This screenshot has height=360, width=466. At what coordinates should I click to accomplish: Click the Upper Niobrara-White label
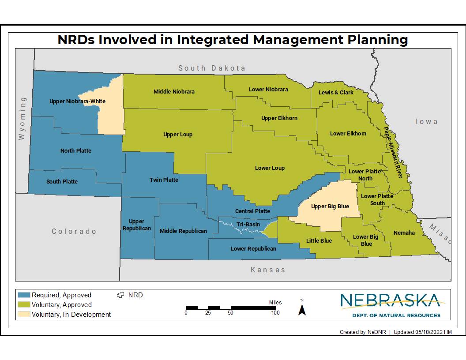pyautogui.click(x=78, y=101)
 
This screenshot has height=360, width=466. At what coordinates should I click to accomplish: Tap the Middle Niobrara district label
pyautogui.click(x=174, y=92)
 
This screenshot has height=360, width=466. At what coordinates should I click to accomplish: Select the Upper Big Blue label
pyautogui.click(x=330, y=206)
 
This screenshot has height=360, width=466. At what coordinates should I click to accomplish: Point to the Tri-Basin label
pyautogui.click(x=248, y=225)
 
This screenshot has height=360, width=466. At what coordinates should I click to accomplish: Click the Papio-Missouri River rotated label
pyautogui.click(x=393, y=153)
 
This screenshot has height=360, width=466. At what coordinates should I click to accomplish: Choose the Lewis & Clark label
pyautogui.click(x=336, y=93)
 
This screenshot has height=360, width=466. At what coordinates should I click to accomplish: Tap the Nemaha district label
pyautogui.click(x=404, y=233)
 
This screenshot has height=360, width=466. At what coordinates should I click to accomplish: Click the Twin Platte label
pyautogui.click(x=164, y=180)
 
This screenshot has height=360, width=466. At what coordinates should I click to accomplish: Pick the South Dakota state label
pyautogui.click(x=211, y=68)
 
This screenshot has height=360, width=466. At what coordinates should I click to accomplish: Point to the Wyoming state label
pyautogui.click(x=22, y=119)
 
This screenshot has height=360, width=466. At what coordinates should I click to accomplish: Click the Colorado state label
pyautogui.click(x=74, y=232)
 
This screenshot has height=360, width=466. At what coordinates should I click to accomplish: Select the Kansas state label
pyautogui.click(x=268, y=270)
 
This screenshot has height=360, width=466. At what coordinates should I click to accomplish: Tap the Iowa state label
pyautogui.click(x=426, y=122)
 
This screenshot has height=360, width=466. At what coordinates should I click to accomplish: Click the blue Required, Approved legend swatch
pyautogui.click(x=24, y=295)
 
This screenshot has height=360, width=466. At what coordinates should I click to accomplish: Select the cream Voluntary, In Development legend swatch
pyautogui.click(x=24, y=315)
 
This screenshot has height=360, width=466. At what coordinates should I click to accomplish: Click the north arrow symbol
pyautogui.click(x=302, y=308)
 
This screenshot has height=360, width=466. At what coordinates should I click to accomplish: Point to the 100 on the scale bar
pyautogui.click(x=275, y=313)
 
